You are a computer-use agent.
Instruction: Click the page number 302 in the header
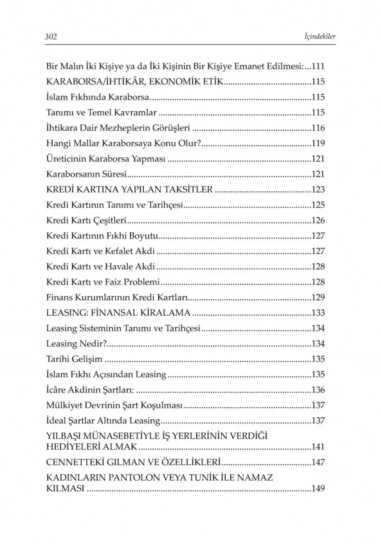pos(51,37)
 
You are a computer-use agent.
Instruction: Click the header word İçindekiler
pos(320,37)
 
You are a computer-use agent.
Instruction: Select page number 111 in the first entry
pos(318,66)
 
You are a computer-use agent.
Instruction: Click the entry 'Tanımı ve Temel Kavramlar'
pos(101,113)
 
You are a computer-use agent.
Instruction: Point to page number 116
pos(318,128)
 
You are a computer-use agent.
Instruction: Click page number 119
pos(318,143)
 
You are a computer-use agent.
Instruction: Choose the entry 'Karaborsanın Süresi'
pos(86,174)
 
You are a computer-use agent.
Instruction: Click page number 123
pos(318,190)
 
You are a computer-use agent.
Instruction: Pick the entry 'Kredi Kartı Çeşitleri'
pos(86,221)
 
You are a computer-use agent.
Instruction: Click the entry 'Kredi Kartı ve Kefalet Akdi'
pos(100,251)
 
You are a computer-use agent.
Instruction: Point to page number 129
pos(318,298)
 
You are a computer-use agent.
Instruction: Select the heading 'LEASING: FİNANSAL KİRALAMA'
pos(118,313)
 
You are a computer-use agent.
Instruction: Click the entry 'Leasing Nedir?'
pos(76,344)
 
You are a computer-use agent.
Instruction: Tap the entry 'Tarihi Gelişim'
pos(74,359)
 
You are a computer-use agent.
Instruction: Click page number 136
pos(318,390)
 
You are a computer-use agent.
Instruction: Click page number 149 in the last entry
pos(318,488)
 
